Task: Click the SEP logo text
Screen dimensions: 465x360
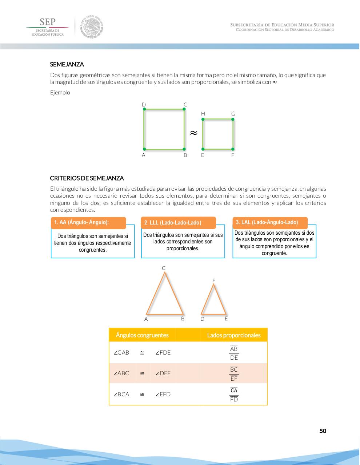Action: point(47,22)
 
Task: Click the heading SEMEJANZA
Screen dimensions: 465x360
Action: point(67,64)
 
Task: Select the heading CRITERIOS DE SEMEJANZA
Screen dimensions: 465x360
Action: point(87,178)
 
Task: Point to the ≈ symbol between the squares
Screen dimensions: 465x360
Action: point(194,133)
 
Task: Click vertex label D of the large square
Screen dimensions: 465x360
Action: point(144,105)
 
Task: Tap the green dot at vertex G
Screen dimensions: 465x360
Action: point(233,119)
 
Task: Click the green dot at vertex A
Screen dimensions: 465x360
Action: point(144,149)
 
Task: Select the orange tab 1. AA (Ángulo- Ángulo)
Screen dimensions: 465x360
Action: point(88,223)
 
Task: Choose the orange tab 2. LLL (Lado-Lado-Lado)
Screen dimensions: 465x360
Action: point(178,223)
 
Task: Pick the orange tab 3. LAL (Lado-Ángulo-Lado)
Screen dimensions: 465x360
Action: point(270,222)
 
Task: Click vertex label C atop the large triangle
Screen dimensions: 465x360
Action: point(164,268)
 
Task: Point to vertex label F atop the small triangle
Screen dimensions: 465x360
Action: point(214,280)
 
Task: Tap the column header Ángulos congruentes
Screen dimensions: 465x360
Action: point(142,335)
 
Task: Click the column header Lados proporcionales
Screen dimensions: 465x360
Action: point(234,335)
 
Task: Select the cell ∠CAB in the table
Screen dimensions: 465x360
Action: point(121,352)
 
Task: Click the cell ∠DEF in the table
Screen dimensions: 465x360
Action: point(163,373)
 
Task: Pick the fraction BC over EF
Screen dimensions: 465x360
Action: point(234,374)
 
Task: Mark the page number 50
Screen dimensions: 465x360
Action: point(323,431)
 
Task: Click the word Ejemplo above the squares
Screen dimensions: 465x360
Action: point(60,92)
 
